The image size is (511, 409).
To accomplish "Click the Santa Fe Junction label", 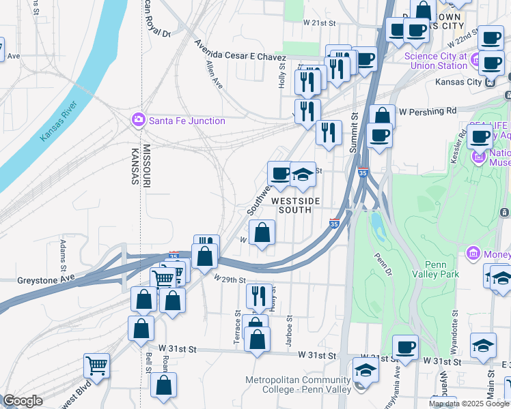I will (x=187, y=121).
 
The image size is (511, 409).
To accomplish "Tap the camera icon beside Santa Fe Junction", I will (x=139, y=121).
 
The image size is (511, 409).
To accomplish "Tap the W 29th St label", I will (x=228, y=279).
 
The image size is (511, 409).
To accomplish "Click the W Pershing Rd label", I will (x=428, y=110).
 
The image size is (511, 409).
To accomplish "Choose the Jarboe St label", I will (x=290, y=330).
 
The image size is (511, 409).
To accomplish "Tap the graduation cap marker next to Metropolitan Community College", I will (x=365, y=371).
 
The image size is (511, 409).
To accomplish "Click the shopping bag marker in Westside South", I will (x=262, y=234).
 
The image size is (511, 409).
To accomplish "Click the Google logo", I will (x=23, y=401).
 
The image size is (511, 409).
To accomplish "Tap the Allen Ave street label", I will (x=214, y=74).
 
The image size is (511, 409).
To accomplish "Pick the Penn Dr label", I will (x=381, y=260).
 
